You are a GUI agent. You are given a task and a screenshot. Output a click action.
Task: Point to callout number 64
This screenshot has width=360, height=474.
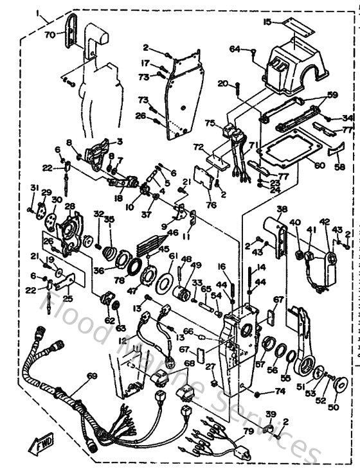pos(235,49)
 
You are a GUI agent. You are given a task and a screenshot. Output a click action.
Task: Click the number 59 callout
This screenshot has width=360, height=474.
pos(332,95)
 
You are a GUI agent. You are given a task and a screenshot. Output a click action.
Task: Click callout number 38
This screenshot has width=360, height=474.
pos(281,209)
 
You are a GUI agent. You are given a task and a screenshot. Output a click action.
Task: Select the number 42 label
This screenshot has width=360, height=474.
pos(325,222)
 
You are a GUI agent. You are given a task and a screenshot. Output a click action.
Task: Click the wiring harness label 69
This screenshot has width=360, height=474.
pos(92,376)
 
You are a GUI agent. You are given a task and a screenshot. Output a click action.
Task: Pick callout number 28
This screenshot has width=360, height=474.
pos(69,206)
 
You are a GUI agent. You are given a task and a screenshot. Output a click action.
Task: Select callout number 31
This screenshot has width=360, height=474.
pos(32,187)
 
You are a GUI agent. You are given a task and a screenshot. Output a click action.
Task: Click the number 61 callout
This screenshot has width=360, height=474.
pos(172,256)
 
